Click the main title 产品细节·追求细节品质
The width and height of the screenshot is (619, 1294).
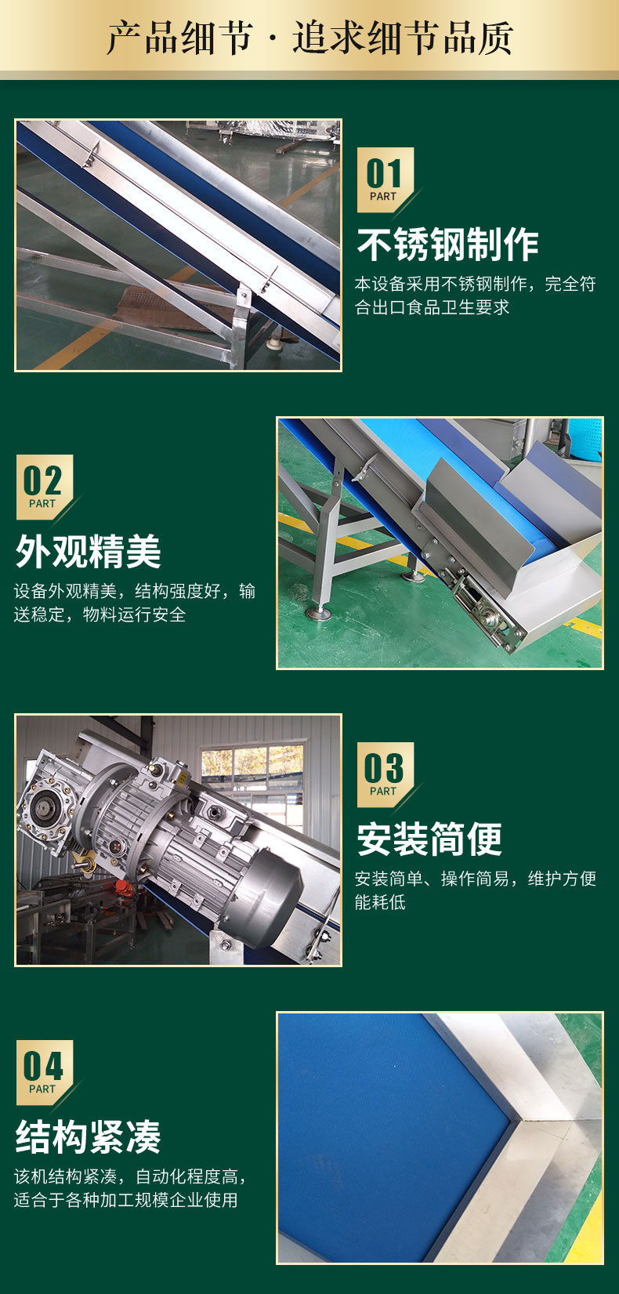click(310, 38)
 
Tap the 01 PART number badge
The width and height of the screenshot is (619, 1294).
click(386, 179)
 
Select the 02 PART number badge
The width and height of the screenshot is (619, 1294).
click(45, 487)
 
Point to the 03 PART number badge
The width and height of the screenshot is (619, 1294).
click(386, 774)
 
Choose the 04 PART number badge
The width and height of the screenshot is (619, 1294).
click(45, 1073)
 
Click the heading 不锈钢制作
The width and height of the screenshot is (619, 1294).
click(448, 245)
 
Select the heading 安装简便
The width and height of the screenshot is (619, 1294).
click(429, 839)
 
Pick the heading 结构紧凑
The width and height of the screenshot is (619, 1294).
click(88, 1136)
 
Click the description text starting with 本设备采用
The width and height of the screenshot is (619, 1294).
click(476, 295)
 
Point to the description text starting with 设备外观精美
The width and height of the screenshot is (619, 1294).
click(135, 603)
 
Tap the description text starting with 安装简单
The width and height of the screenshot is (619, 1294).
click(476, 890)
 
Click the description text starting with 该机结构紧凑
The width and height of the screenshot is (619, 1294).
click(130, 1187)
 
